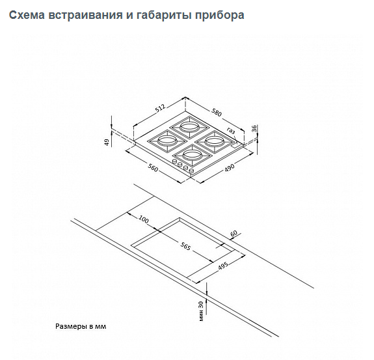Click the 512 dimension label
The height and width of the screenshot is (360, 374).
[160, 108]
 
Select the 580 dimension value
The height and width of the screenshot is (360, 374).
[217, 113]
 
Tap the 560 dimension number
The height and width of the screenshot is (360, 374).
[153, 169]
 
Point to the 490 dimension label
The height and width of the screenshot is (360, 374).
[230, 167]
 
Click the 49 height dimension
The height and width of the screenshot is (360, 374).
[107, 143]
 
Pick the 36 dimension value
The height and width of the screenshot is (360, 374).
[254, 128]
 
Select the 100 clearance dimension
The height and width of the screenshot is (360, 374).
[143, 219]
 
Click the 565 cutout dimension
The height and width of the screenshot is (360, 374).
[185, 246]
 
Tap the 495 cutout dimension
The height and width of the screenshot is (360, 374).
[223, 266]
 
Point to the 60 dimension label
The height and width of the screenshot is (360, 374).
[234, 233]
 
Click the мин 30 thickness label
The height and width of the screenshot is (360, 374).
[201, 311]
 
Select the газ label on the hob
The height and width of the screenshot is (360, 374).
[231, 131]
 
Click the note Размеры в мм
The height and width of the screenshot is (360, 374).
[81, 326]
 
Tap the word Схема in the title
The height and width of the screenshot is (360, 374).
[27, 15]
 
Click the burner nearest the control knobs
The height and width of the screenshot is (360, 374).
[193, 156]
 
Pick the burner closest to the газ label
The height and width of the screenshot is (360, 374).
[214, 141]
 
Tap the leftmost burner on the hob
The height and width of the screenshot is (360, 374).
[167, 141]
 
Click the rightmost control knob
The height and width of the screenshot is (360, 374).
[191, 171]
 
